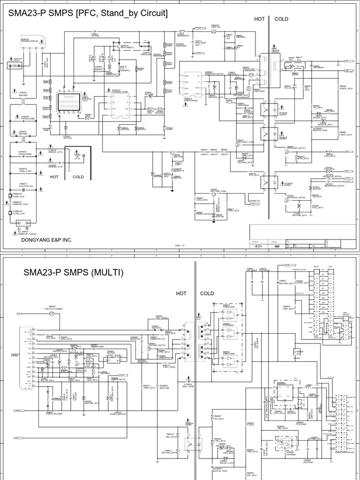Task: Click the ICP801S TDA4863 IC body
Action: [118, 99]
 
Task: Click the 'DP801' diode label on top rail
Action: [95, 34]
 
